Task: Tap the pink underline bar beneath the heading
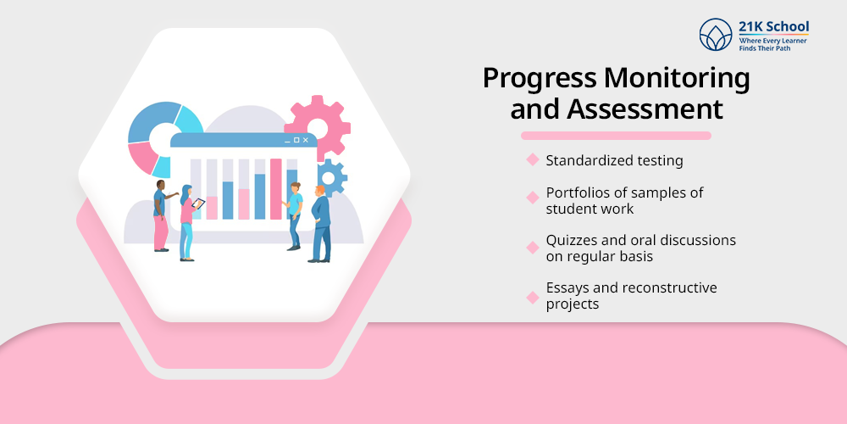pos(615,136)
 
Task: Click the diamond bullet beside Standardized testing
pos(533,159)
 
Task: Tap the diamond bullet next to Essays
pos(533,297)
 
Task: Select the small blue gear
pos(332,176)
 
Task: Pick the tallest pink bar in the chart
pos(275,188)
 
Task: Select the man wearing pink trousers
pos(160,215)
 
